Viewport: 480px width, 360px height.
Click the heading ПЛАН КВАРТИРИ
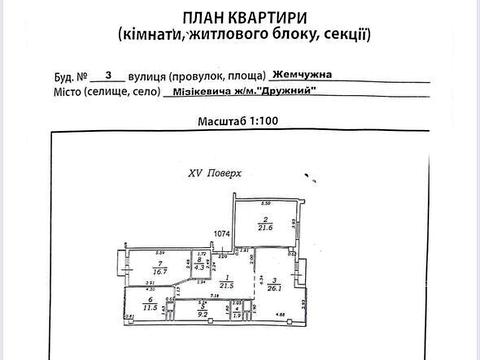pyautogui.click(x=241, y=17)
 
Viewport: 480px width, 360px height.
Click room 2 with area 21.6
pyautogui.click(x=267, y=226)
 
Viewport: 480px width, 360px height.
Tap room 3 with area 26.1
pyautogui.click(x=273, y=285)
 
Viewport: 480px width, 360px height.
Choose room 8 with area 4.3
pyautogui.click(x=199, y=265)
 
